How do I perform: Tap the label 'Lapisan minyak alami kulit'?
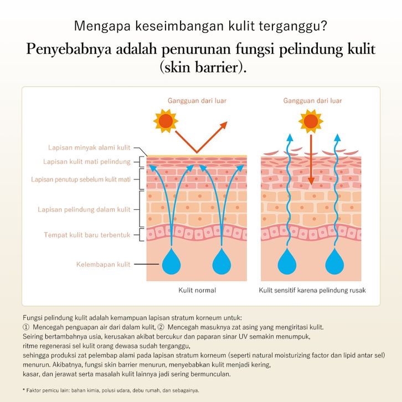point(89,148)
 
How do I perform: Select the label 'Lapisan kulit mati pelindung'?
point(87,162)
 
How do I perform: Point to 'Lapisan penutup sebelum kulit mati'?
point(81,179)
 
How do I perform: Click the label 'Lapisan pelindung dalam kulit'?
point(84,209)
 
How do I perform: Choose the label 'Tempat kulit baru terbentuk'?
point(87,235)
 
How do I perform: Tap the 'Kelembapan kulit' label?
point(103,264)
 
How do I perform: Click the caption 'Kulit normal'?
point(197,290)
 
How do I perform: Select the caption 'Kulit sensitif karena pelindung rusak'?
point(312,290)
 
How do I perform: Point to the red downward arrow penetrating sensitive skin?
point(311,161)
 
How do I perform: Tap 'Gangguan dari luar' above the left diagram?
point(197,101)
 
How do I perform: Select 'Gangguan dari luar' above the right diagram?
point(312,101)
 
